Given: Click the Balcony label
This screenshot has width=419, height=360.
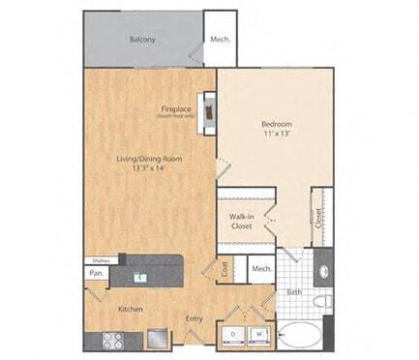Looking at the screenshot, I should [x=143, y=41].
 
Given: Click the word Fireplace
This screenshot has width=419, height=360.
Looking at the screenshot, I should [x=178, y=109].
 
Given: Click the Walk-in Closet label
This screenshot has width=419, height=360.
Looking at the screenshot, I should [x=242, y=222].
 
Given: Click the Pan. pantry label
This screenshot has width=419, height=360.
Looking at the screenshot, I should [x=97, y=274].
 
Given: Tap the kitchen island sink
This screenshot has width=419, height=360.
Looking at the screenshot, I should [x=141, y=277].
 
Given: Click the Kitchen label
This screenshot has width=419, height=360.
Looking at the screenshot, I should [x=131, y=309].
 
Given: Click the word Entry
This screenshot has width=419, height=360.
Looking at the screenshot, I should [x=195, y=317].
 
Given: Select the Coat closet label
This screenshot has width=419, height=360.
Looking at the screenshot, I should [x=224, y=271].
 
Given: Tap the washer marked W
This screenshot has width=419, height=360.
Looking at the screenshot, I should [x=258, y=336].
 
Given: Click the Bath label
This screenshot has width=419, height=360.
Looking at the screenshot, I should [x=295, y=291].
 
